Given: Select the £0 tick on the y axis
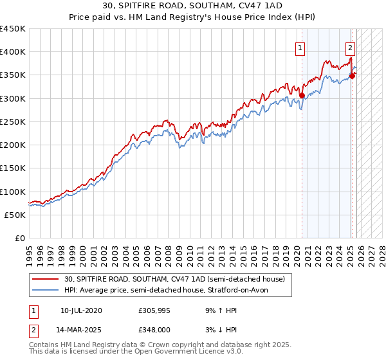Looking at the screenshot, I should [x=19, y=239].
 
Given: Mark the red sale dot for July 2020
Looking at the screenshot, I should [x=302, y=96].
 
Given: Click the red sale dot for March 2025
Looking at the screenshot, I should [x=352, y=76].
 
